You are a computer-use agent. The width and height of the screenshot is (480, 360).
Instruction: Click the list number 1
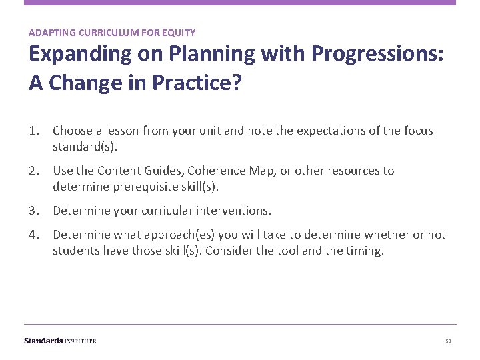coord(33,131)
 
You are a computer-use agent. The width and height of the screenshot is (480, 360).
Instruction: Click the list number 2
coord(33,171)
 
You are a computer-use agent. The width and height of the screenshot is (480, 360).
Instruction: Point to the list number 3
coord(33,211)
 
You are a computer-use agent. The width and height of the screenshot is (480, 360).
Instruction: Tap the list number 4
coord(33,235)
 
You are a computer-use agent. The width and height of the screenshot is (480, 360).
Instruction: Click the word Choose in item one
coord(72,131)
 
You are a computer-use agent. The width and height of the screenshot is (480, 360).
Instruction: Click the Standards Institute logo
coord(60,341)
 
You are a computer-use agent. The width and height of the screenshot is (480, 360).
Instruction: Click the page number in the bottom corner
coord(448,341)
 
